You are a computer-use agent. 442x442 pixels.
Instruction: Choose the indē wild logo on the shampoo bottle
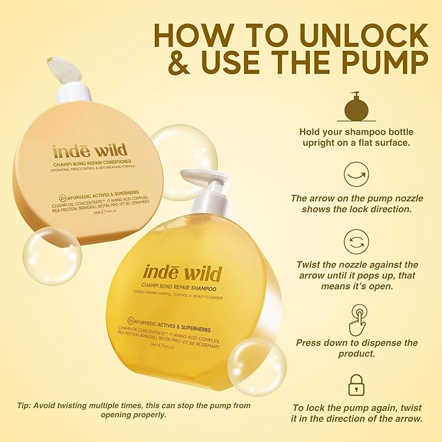[182, 273]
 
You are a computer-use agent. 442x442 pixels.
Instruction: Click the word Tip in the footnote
[24, 405]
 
